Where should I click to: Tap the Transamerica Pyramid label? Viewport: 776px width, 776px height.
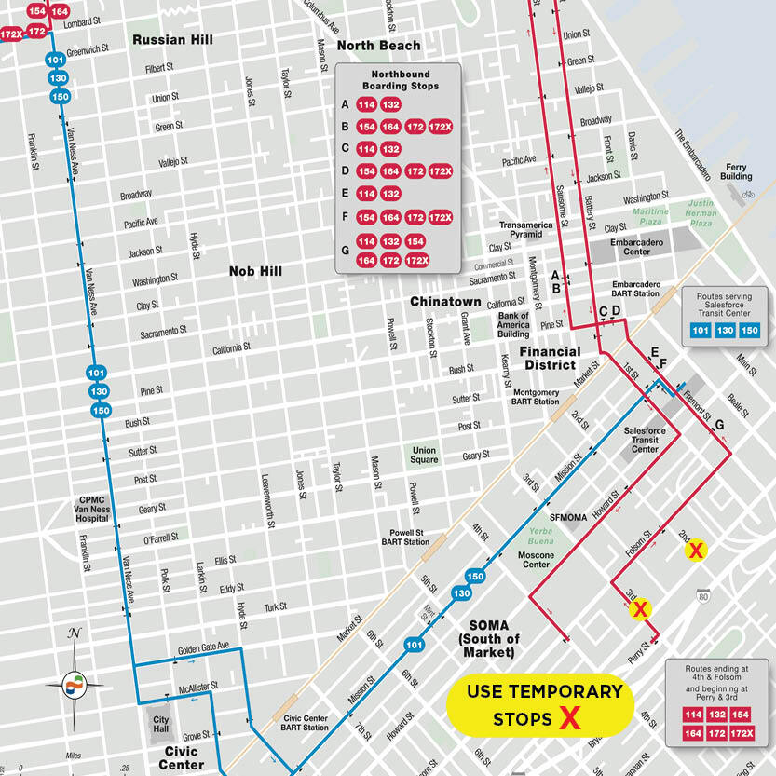point(526,230)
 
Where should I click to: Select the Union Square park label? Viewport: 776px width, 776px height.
point(425,456)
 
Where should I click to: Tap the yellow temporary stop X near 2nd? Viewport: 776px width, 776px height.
point(696,551)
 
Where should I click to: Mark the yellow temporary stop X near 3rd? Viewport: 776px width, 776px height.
point(640,610)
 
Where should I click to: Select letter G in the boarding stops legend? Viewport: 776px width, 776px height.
point(346,251)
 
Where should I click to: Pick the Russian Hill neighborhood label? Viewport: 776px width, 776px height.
point(172,40)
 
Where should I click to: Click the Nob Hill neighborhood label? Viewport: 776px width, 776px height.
point(255,272)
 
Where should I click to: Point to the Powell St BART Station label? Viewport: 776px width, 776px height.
point(403,538)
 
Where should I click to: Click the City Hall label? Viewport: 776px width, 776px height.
point(161,726)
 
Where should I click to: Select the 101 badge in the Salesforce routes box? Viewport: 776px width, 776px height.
point(701,330)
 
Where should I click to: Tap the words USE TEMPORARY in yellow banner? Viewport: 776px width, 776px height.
point(544,691)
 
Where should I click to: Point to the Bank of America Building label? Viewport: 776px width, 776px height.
point(513,324)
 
